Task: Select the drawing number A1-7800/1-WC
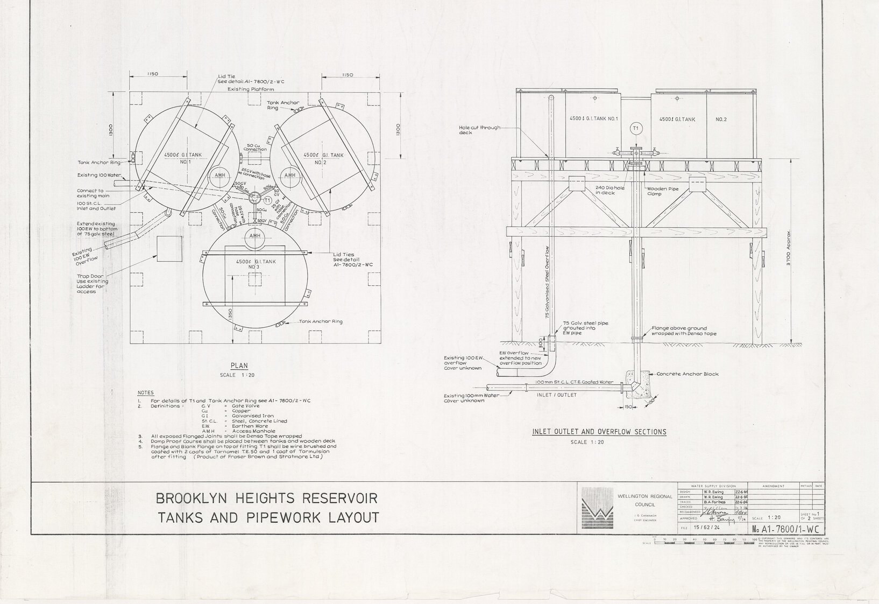click(790, 529)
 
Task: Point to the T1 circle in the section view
click(636, 128)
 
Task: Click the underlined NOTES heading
click(145, 392)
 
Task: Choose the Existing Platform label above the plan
click(251, 89)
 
